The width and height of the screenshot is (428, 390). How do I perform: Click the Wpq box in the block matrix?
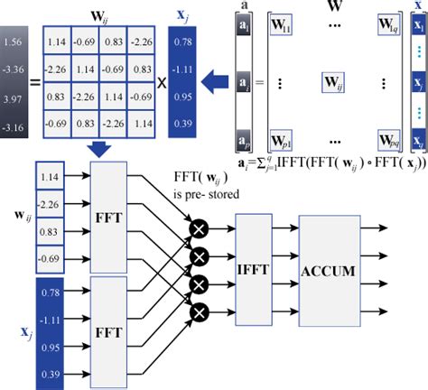(x=385, y=142)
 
